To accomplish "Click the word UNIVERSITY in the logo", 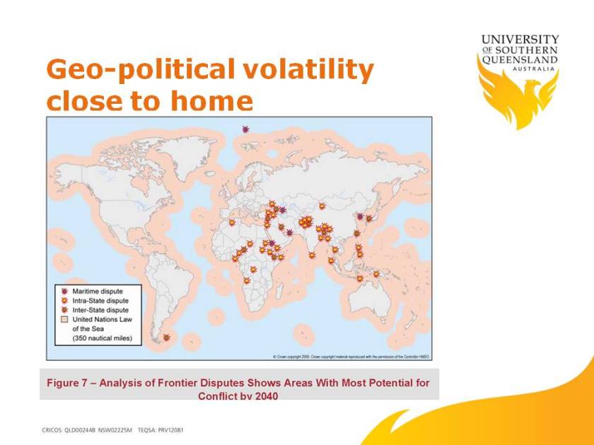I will point(520,40).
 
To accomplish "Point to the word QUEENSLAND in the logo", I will point(520,60).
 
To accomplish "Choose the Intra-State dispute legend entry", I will point(100,300).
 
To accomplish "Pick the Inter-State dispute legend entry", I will point(100,309).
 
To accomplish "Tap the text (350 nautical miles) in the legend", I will point(107,339).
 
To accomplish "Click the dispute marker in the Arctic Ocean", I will point(245,129).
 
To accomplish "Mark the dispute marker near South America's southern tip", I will point(166,338).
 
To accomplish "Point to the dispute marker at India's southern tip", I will point(312,256).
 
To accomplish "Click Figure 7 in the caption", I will point(68,383).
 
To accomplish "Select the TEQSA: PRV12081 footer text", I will point(161,429).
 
